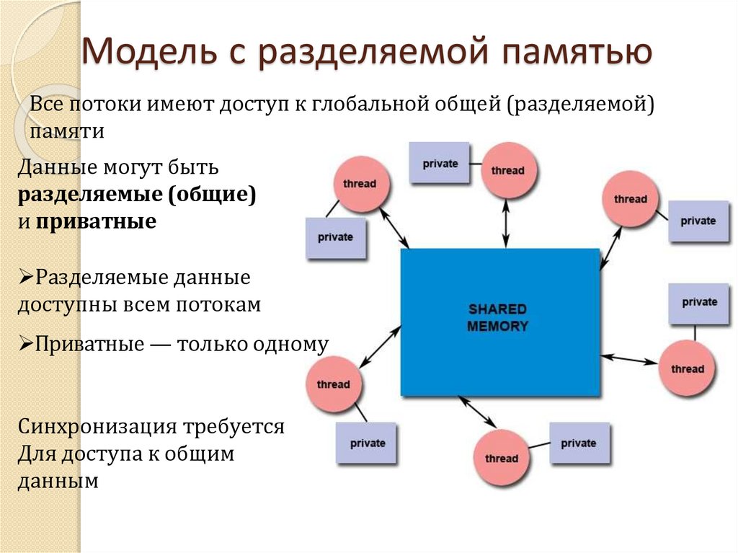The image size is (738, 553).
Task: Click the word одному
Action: pos(290,344)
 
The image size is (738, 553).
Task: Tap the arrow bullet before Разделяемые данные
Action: pos(24,277)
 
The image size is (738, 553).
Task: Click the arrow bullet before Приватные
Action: pos(24,344)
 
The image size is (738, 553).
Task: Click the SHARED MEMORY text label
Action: pos(498,317)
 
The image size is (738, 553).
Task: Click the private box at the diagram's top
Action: pos(440,163)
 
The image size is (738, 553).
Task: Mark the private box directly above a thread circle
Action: pos(699,302)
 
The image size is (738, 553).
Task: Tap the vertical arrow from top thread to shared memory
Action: pos(506,224)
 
